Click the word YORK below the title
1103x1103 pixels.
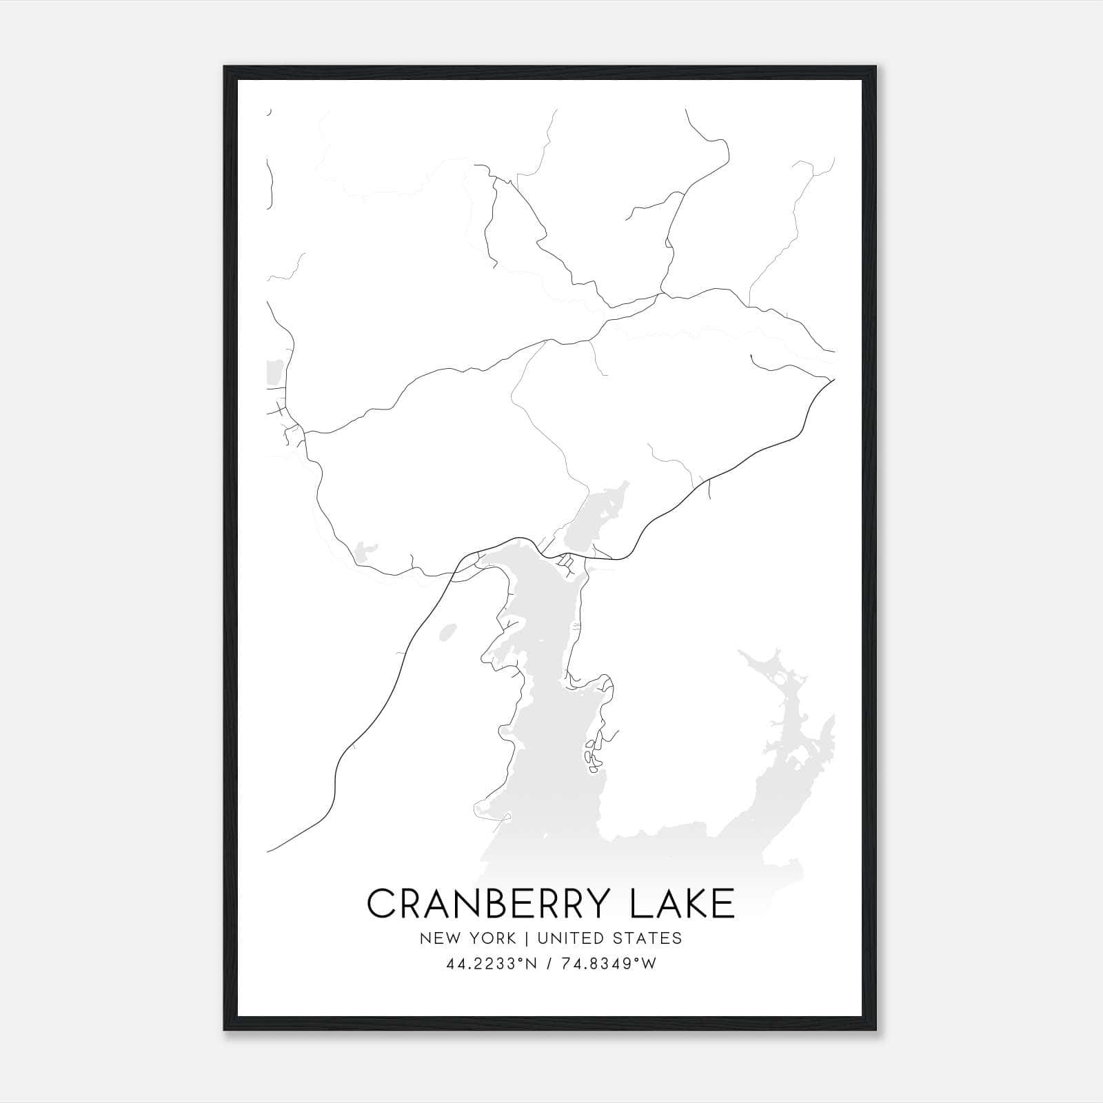[491, 938]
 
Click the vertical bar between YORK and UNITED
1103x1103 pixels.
[527, 938]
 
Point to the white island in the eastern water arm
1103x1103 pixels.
[780, 679]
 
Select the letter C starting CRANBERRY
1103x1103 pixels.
[381, 904]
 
